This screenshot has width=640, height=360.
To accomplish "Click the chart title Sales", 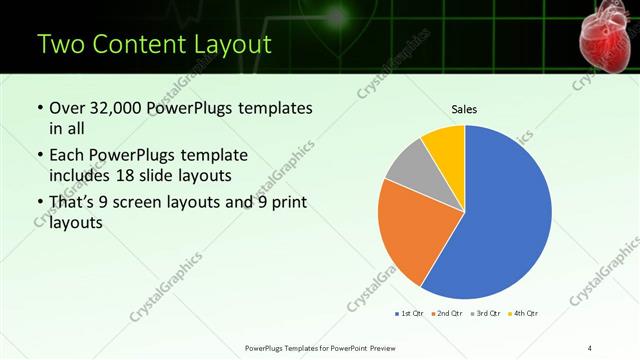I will tap(464, 109).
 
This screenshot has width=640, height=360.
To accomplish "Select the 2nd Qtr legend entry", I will tap(445, 313).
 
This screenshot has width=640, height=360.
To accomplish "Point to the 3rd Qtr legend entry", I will tap(485, 313).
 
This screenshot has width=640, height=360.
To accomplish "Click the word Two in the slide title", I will tap(59, 46).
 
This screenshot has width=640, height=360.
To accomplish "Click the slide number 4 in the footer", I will tap(590, 347).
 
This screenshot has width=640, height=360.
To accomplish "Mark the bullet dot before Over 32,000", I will tap(39, 109).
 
